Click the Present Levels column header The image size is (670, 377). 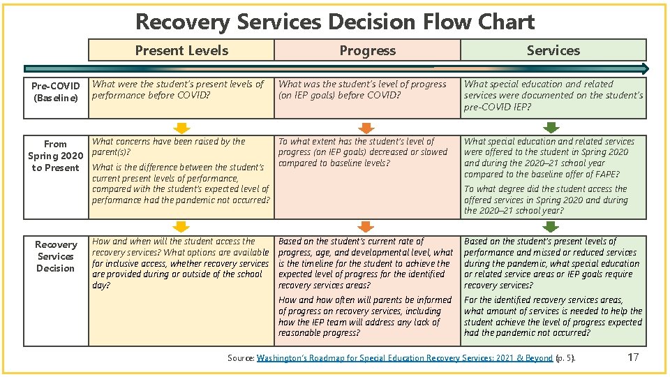pos(181,50)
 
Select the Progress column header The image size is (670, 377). pos(367,50)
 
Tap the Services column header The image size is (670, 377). pos(553,50)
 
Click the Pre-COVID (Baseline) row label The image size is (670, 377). pos(56,91)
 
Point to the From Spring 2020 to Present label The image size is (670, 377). pos(55,156)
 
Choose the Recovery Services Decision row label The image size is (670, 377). pos(56,256)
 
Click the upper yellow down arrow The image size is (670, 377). pos(181,128)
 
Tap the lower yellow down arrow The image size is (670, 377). pos(181,226)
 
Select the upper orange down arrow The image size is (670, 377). pos(366,128)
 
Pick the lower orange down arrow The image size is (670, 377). pos(366,226)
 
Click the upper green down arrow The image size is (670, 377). pos(551,128)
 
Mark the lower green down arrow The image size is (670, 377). pos(551,226)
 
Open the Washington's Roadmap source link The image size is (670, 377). pos(405,358)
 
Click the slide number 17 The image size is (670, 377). pos(633,357)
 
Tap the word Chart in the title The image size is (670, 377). pos(507,22)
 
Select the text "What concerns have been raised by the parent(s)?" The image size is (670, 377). pos(168,146)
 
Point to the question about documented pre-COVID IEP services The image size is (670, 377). pos(553,95)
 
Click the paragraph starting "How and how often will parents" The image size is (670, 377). pos(365,316)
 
